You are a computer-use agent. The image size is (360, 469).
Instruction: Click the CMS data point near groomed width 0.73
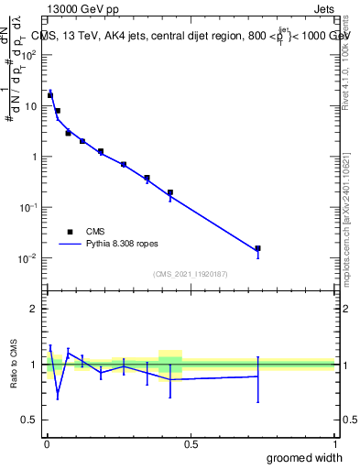[258, 248]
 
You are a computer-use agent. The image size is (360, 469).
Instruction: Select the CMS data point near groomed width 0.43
[170, 192]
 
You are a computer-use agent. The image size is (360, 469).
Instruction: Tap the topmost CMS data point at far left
[50, 95]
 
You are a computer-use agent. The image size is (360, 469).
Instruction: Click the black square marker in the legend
[69, 233]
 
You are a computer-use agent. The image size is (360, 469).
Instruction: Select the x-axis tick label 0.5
[191, 443]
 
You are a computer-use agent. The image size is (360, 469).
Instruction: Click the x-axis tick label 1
[335, 443]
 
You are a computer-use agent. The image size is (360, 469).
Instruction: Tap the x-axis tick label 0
[47, 443]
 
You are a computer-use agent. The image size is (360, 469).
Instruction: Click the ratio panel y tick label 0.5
[29, 420]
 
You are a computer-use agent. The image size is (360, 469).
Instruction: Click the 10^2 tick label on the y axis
[29, 55]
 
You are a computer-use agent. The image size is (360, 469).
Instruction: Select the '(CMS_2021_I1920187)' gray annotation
[191, 273]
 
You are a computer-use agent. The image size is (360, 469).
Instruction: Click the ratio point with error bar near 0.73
[258, 376]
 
